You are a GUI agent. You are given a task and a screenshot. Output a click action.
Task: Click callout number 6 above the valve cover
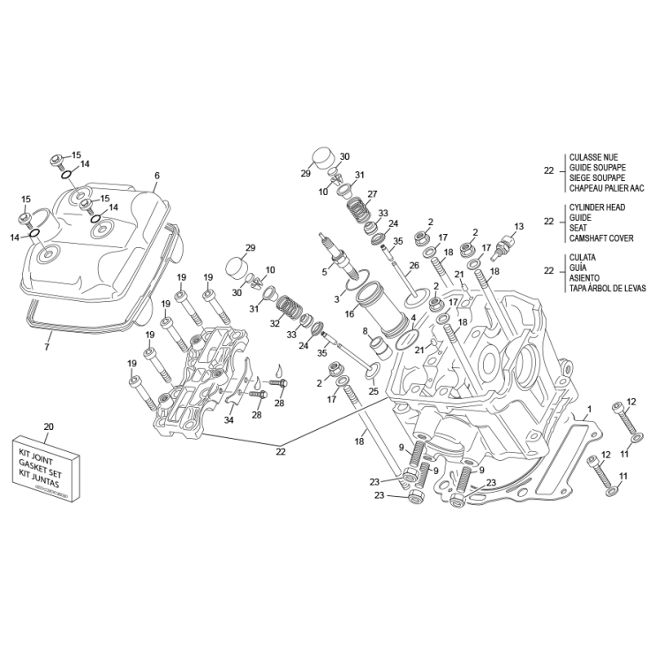click(x=156, y=175)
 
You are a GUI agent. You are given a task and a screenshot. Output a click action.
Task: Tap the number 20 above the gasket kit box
click(x=49, y=427)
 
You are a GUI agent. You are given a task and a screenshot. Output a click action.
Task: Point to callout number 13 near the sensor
click(x=518, y=227)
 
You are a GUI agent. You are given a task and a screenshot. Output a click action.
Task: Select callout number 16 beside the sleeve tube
click(x=350, y=313)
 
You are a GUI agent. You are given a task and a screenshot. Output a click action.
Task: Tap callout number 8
click(x=365, y=331)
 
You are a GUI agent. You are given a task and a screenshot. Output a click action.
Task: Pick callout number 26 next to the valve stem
click(x=413, y=266)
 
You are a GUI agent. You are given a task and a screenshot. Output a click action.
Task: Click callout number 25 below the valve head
click(x=373, y=391)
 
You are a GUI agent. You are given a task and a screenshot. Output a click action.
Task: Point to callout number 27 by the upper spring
click(x=373, y=194)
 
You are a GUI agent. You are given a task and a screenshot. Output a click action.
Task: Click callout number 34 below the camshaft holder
click(x=229, y=420)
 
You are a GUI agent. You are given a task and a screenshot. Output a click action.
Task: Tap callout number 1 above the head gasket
click(x=587, y=409)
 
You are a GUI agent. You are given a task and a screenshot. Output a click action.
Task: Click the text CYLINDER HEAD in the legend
click(x=597, y=207)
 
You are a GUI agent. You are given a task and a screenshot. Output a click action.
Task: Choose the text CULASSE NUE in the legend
click(x=593, y=157)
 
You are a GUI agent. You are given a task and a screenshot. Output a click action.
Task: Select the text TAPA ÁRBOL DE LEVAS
click(x=607, y=289)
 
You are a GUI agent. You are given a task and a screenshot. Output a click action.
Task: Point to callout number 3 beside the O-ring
click(x=336, y=299)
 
